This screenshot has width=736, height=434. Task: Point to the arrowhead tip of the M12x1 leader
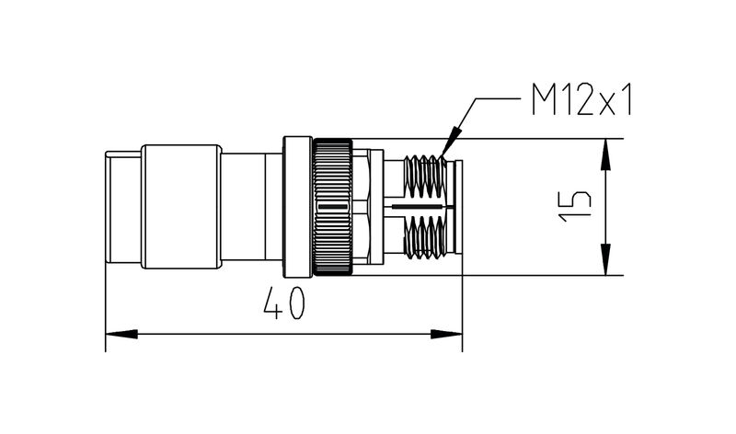443,153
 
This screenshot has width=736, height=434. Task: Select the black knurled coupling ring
332,208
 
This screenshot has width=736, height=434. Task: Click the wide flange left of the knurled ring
297,208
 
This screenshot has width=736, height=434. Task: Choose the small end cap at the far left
123,208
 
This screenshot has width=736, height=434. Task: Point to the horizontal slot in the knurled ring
331,209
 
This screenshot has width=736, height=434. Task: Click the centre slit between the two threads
419,209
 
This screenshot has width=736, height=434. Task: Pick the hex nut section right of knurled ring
367,208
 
